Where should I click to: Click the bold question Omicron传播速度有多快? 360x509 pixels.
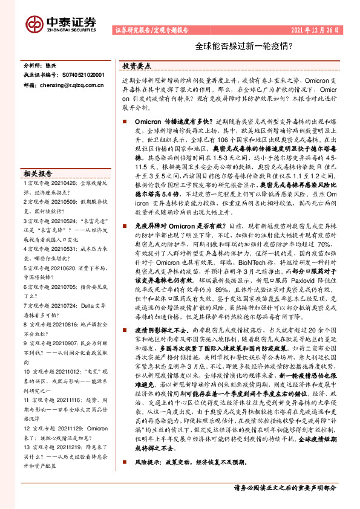(168, 122)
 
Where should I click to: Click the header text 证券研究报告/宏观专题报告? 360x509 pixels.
(151, 30)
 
